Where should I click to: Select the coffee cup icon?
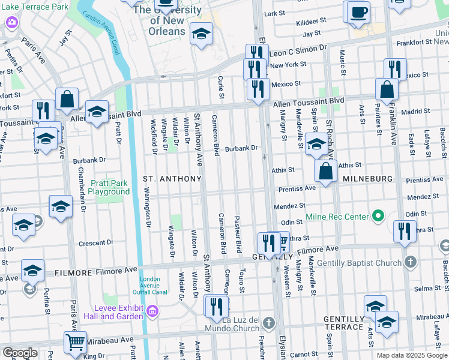coord(358,12)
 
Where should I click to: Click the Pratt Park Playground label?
coord(109,187)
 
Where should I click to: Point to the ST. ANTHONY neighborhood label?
coord(172,179)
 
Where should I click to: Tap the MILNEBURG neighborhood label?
coord(367,179)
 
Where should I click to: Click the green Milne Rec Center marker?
coord(378,215)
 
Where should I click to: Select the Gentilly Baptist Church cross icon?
coord(410,262)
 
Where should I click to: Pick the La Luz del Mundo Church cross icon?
coord(268,323)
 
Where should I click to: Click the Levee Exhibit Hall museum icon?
coord(152,311)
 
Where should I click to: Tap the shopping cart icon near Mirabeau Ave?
coord(75,342)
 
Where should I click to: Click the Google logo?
coord(20,352)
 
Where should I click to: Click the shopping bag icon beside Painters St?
coord(387,90)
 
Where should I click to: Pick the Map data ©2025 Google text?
coord(412,355)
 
